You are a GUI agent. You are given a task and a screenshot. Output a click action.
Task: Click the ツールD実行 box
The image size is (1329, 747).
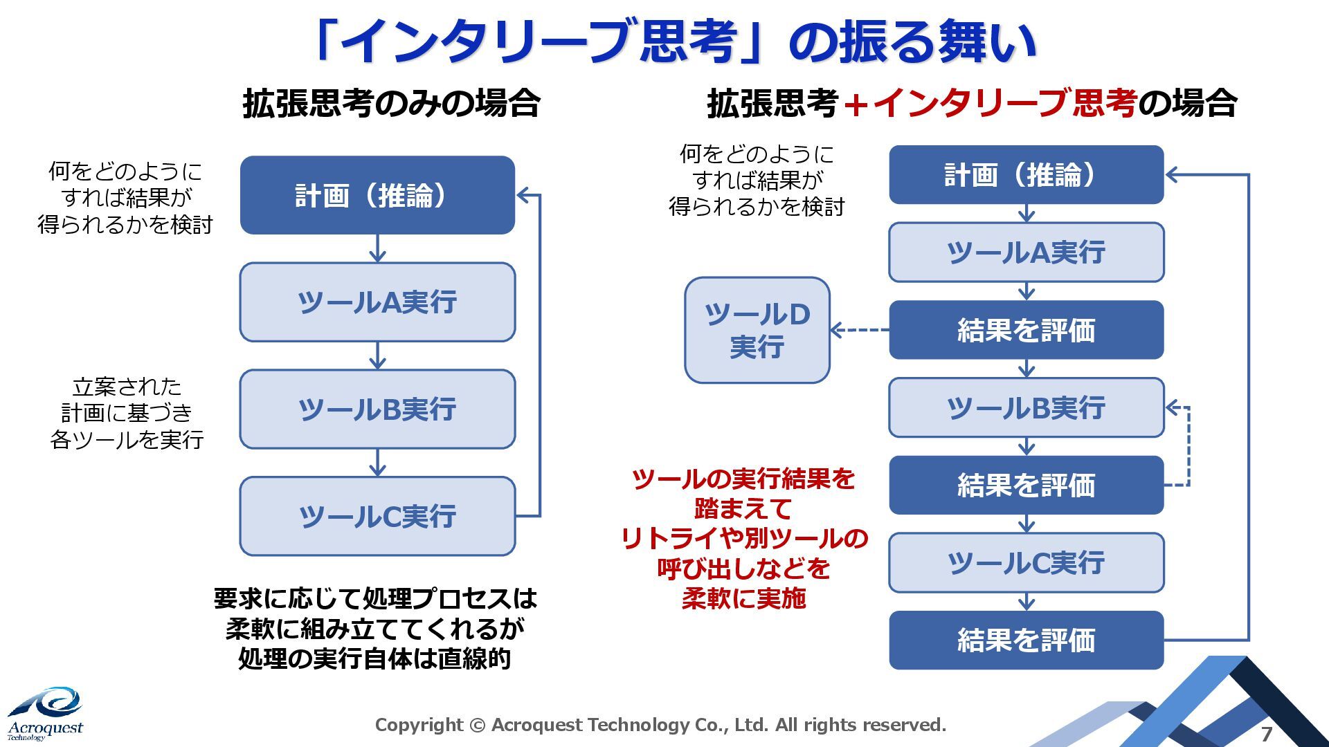tap(757, 331)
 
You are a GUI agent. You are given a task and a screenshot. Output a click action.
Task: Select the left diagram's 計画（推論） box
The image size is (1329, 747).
tap(377, 195)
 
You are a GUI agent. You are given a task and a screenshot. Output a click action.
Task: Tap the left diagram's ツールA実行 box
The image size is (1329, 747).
tap(377, 302)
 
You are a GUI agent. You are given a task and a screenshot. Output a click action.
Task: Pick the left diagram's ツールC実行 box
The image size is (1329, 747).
tap(377, 516)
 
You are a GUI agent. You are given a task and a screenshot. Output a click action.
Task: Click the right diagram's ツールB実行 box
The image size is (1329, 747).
tap(1026, 408)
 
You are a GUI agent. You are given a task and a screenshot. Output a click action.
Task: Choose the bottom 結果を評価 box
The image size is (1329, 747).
tap(1026, 640)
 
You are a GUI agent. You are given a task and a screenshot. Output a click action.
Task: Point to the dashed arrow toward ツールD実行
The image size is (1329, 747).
tap(859, 330)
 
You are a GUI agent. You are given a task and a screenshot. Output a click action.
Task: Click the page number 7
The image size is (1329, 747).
tap(1267, 734)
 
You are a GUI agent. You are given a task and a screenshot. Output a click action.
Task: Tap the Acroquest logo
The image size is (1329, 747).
tap(46, 713)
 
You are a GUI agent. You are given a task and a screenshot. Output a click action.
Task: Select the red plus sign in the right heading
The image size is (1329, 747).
tap(856, 105)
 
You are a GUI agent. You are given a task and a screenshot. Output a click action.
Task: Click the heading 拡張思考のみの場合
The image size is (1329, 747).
tap(391, 104)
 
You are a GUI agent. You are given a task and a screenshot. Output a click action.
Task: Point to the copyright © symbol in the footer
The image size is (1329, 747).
tap(477, 725)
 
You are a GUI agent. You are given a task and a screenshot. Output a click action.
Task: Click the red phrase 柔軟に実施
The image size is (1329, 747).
tap(743, 598)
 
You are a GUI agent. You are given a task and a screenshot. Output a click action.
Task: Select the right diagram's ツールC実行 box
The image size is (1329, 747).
tap(1026, 563)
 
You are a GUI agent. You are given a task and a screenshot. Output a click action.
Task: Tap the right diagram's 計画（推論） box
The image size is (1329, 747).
tap(1026, 175)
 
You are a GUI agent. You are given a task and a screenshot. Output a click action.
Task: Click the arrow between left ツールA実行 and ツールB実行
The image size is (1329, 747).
tap(377, 356)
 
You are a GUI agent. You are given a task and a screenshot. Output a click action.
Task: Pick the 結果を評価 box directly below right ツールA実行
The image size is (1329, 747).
tap(1026, 331)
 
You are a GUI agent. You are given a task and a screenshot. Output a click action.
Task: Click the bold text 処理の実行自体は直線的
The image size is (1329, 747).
tap(374, 658)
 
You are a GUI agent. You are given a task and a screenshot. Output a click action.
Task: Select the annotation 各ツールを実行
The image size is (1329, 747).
tap(127, 440)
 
